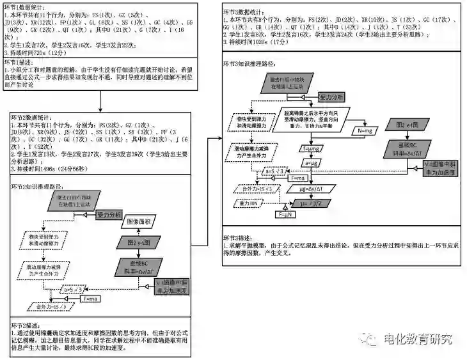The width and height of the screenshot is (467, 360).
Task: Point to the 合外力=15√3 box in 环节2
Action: tap(54, 307)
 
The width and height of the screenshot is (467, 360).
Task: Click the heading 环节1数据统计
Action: tap(29, 6)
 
